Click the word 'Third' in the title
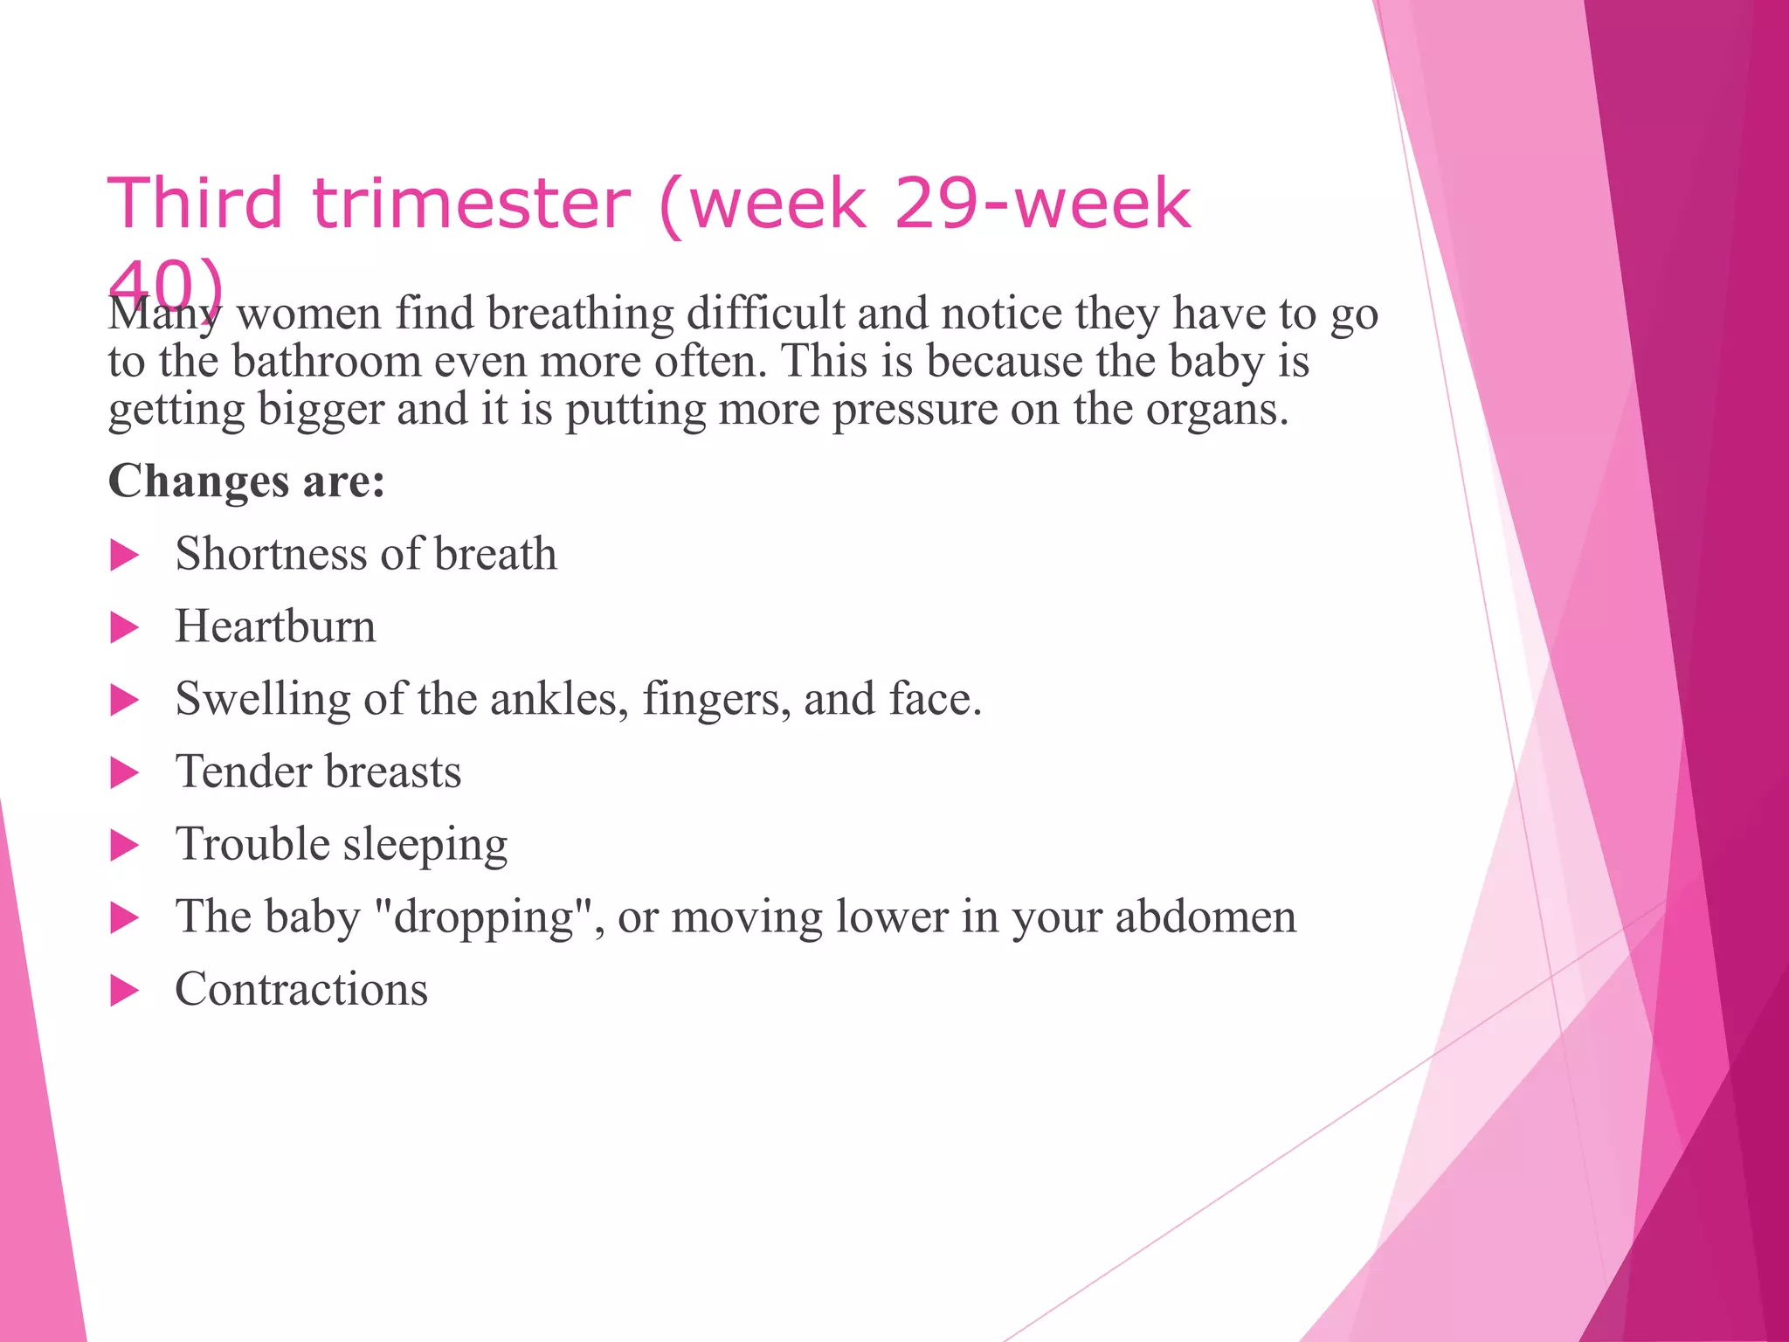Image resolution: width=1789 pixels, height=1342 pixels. (195, 203)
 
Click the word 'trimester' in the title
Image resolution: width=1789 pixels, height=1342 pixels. (471, 203)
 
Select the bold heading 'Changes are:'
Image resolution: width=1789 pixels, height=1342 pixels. (246, 481)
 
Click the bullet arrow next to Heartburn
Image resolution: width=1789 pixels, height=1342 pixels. (125, 628)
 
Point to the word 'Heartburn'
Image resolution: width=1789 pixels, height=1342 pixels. (275, 626)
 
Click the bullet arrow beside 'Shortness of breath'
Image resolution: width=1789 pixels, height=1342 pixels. (125, 556)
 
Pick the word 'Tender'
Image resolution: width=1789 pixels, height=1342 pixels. (243, 771)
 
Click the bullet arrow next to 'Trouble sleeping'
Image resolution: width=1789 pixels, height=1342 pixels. (125, 846)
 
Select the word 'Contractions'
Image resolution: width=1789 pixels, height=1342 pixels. (301, 989)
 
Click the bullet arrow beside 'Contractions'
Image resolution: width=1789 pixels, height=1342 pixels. (125, 991)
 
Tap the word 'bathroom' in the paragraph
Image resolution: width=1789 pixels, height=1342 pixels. (326, 361)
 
